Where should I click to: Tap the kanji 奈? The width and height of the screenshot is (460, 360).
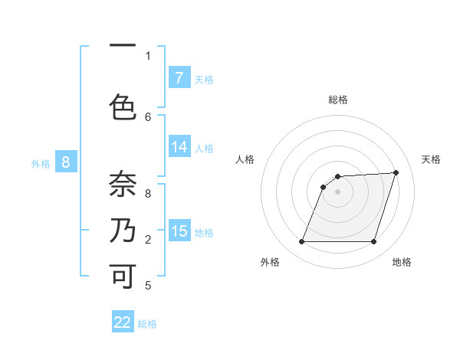(x=123, y=184)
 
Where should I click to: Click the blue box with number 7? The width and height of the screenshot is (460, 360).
(x=179, y=78)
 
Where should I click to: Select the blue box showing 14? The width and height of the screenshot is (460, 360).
(x=179, y=148)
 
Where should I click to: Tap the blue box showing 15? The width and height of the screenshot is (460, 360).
(x=179, y=231)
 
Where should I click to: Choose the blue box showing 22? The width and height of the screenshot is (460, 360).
(x=123, y=322)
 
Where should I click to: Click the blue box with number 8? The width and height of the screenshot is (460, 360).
(x=66, y=162)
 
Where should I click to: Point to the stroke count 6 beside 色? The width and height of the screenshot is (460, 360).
(x=148, y=116)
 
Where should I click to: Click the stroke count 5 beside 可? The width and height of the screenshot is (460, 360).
(x=148, y=286)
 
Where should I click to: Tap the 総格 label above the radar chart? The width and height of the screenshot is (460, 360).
(x=338, y=100)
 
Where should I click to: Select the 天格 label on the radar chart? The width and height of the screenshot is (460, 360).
(x=431, y=159)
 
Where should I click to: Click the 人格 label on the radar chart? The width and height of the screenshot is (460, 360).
(x=245, y=159)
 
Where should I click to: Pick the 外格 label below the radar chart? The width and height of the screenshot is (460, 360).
(x=270, y=262)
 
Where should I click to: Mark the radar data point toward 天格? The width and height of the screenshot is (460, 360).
(x=396, y=172)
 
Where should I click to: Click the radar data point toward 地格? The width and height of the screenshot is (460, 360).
(x=373, y=242)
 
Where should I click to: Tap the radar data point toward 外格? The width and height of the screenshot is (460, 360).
(x=302, y=242)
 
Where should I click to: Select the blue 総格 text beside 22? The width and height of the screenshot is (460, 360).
(x=147, y=324)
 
